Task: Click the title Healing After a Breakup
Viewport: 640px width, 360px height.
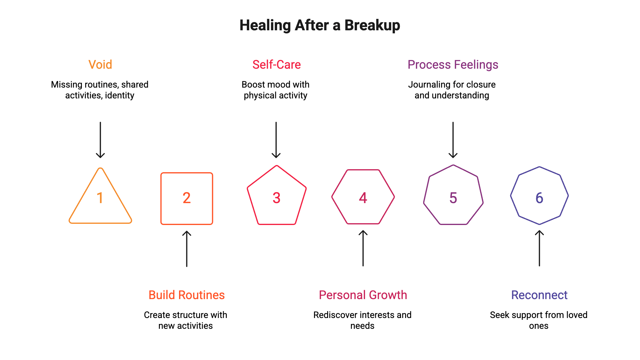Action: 320,25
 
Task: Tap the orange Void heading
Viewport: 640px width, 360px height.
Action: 100,64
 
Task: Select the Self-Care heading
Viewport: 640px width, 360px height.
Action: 277,64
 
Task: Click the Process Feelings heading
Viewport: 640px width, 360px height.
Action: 453,64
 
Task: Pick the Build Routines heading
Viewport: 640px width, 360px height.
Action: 187,295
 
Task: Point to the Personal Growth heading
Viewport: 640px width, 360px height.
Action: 363,295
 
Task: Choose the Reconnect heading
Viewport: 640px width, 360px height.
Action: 539,295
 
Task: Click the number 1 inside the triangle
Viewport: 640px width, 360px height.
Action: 100,198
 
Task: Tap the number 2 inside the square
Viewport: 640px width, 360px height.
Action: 187,198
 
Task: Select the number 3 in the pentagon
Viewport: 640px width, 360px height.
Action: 277,198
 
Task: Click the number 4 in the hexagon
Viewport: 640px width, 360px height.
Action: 363,198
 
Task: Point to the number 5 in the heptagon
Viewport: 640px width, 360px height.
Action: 453,198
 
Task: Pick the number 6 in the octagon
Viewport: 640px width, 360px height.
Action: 539,198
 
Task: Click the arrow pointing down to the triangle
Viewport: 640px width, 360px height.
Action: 100,140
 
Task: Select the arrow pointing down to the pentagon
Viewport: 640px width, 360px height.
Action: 276,140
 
